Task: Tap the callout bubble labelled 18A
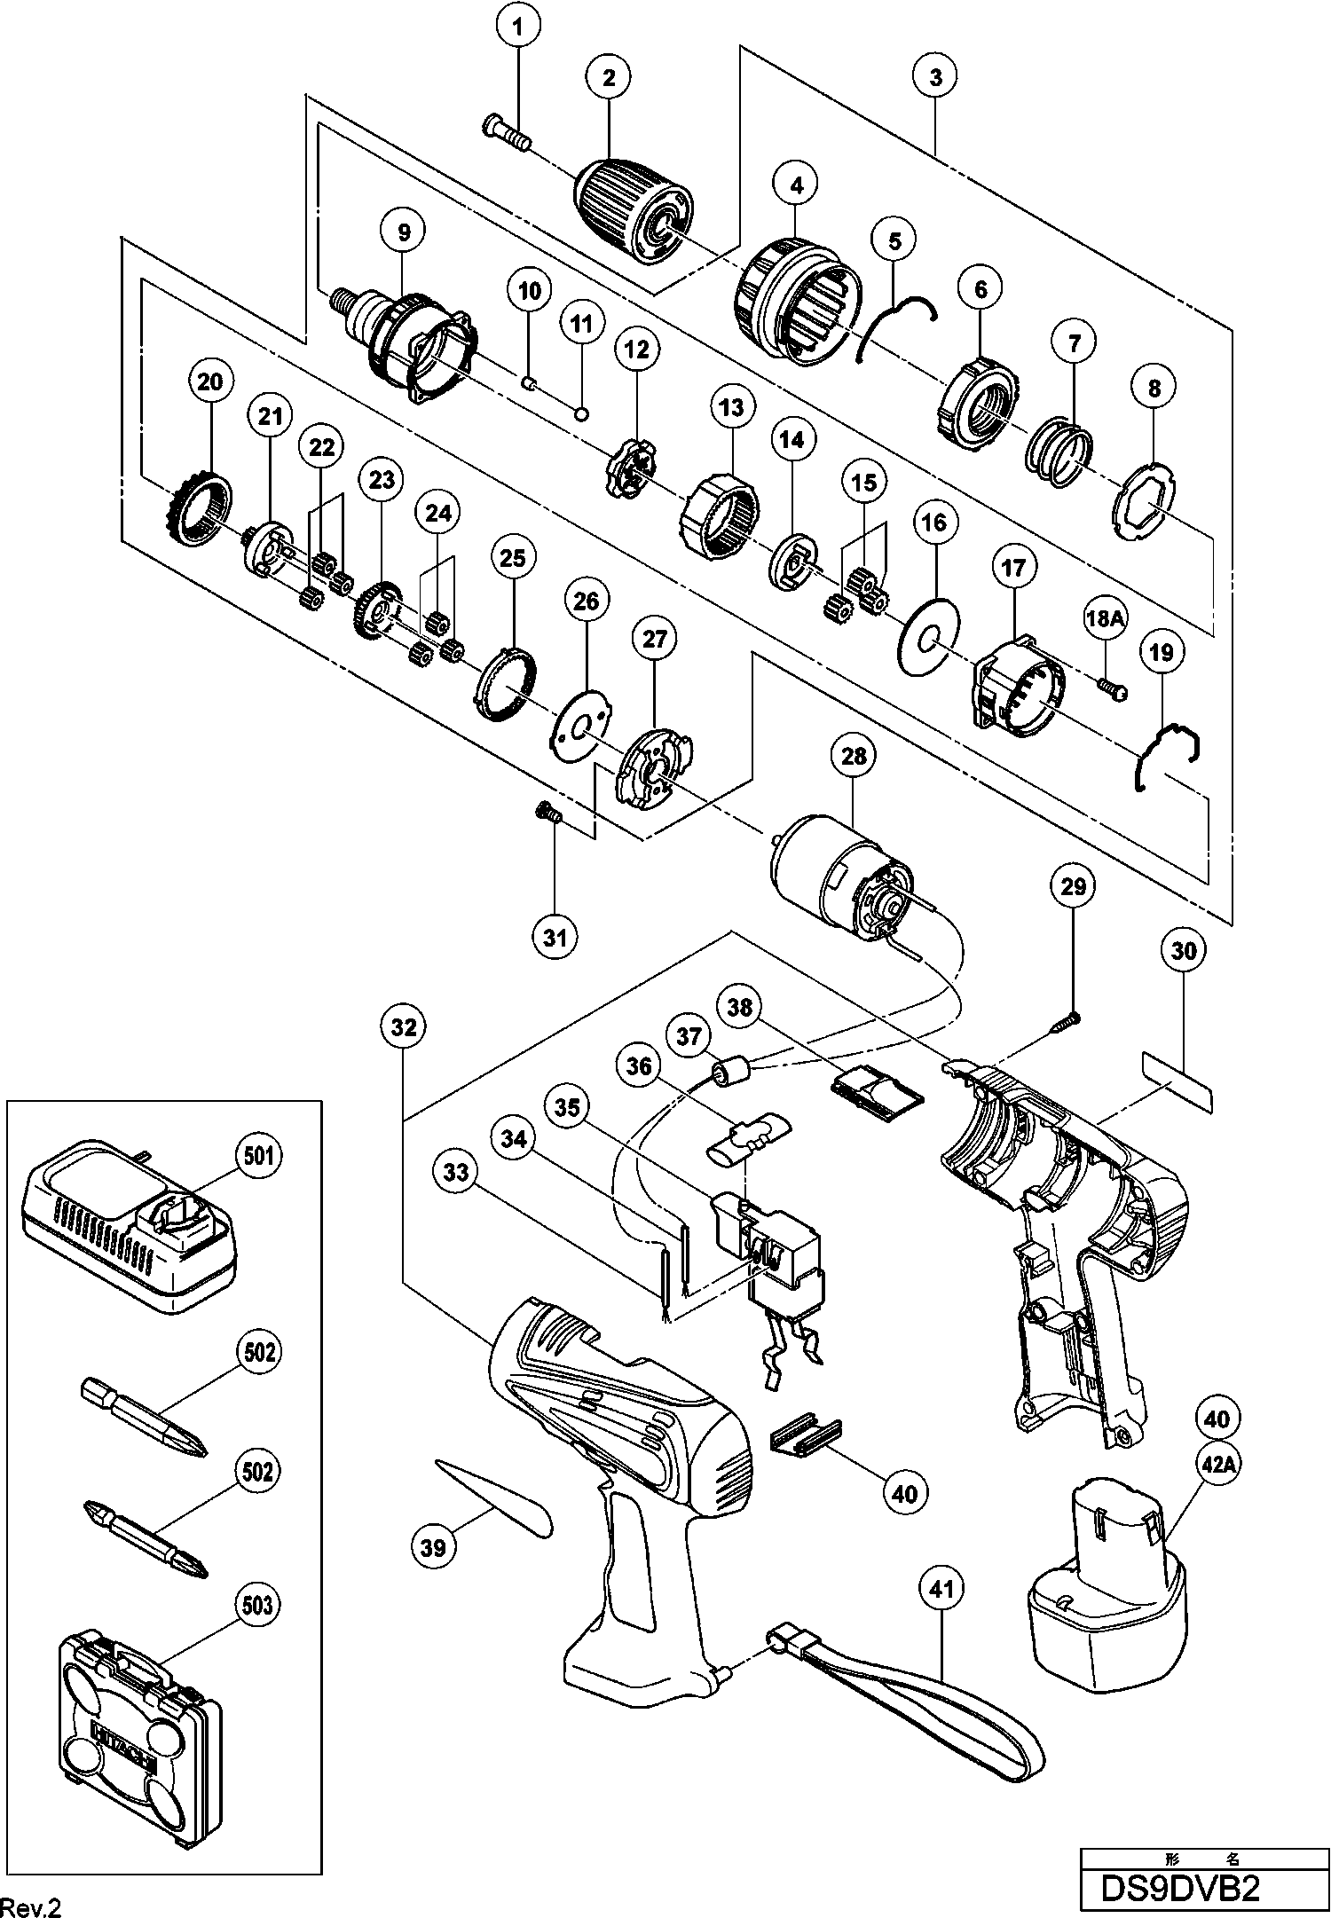click(x=1104, y=618)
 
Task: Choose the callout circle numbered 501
click(x=260, y=1155)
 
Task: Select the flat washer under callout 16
click(x=928, y=635)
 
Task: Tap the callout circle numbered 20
click(x=211, y=382)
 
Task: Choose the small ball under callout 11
click(x=582, y=413)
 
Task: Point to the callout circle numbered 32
click(x=403, y=1026)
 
